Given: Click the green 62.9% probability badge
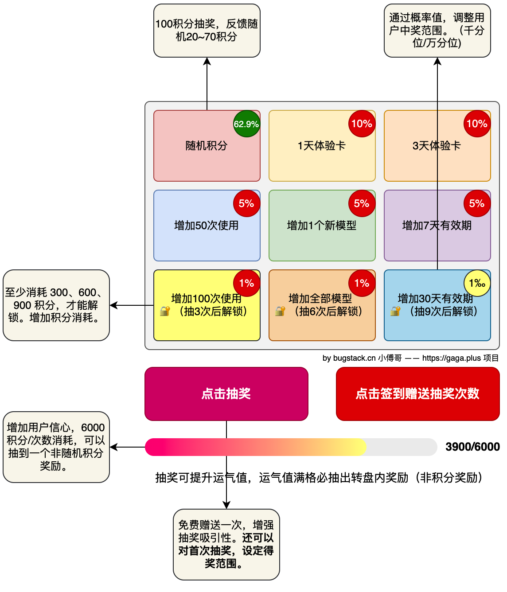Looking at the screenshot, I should click(246, 124).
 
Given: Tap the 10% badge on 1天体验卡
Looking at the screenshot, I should click(362, 124).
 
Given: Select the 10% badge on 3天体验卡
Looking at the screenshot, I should click(477, 124).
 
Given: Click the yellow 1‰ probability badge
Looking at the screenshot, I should click(477, 283).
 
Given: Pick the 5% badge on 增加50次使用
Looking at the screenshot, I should click(246, 203).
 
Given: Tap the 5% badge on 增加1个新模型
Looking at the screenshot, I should click(362, 203).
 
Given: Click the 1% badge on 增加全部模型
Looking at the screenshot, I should click(362, 283).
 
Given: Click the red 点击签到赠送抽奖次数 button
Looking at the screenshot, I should click(417, 393).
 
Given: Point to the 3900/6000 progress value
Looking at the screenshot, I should click(472, 447).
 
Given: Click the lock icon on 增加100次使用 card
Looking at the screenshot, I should click(165, 311).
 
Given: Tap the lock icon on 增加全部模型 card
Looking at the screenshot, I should click(280, 311).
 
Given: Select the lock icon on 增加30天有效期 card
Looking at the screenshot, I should click(395, 311).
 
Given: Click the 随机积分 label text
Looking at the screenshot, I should click(207, 146).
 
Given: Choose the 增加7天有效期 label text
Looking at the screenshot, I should click(437, 226).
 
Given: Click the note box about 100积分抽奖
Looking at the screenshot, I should click(207, 31).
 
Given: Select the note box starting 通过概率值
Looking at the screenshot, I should click(437, 31).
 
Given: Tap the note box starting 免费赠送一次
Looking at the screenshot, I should click(226, 544).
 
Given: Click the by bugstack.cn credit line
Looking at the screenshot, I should click(410, 358).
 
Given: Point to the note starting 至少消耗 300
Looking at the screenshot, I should click(56, 305).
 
